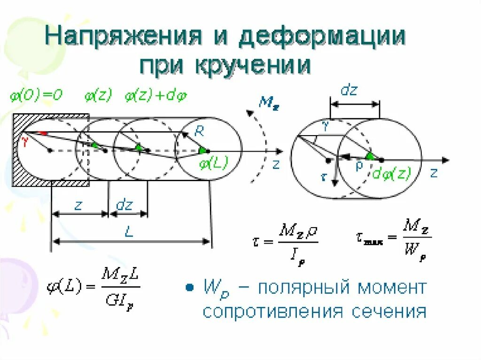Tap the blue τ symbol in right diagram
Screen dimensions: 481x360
click(323, 178)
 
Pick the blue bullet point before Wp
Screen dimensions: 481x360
click(190, 287)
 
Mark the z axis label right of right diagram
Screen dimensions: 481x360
click(433, 173)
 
